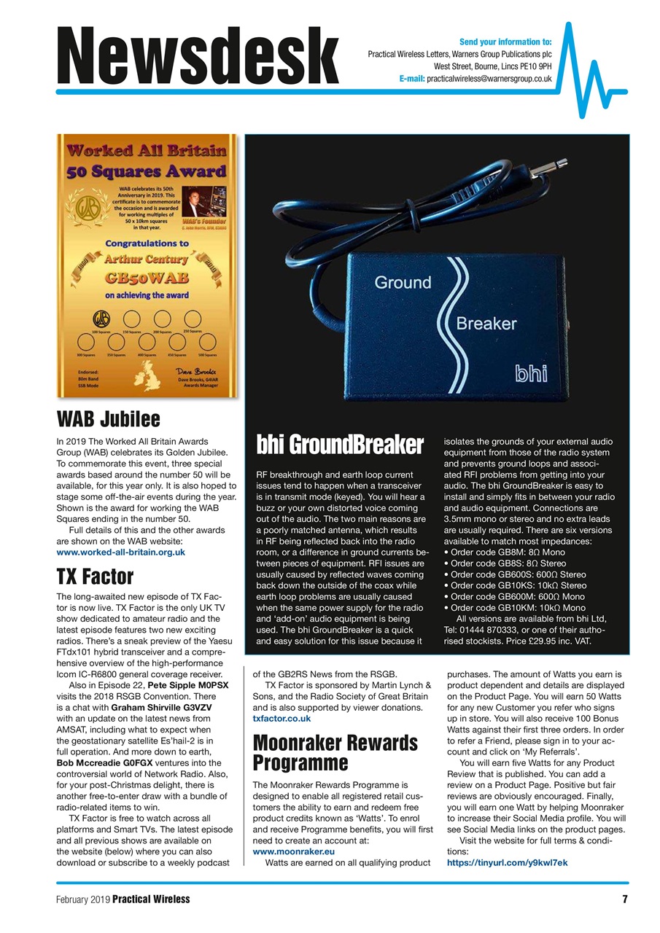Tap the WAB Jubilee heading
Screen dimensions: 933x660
108,419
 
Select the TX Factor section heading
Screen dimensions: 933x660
95,577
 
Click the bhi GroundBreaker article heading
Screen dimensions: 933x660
340,445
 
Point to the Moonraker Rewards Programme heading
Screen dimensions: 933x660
335,753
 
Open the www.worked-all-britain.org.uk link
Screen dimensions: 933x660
120,553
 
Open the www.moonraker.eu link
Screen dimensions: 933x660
293,851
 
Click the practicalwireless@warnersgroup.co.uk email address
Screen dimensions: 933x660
489,78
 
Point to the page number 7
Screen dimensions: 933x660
625,899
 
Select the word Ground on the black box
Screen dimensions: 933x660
403,282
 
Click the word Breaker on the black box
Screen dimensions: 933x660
486,323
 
